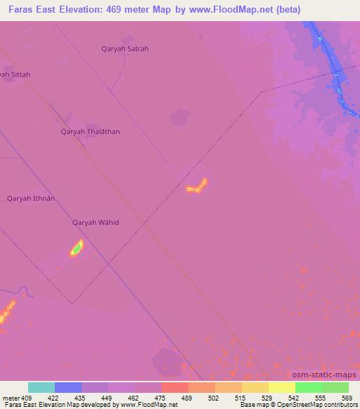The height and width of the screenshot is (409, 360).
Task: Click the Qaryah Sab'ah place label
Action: pyautogui.click(x=126, y=48)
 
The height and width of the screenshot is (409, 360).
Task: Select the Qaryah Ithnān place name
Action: pyautogui.click(x=31, y=198)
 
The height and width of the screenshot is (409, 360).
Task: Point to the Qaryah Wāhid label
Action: pyautogui.click(x=96, y=223)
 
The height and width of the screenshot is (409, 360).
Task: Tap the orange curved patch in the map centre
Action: pyautogui.click(x=197, y=186)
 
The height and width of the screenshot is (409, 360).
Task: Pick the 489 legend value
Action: pyautogui.click(x=188, y=398)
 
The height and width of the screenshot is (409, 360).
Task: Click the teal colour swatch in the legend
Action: pyautogui.click(x=41, y=387)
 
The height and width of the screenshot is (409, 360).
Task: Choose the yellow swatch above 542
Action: pyautogui.click(x=281, y=387)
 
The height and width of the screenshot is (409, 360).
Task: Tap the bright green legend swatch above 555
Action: pyautogui.click(x=308, y=387)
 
